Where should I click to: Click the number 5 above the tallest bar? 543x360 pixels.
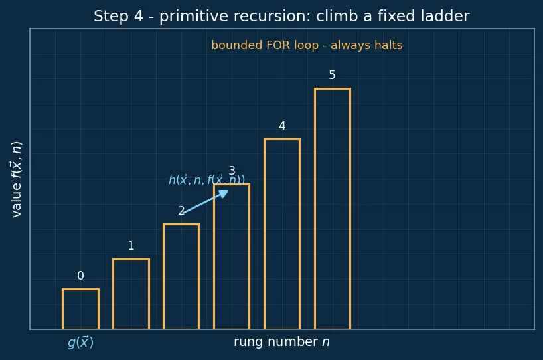tap(332, 75)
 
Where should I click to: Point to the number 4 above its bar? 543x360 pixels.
tap(282, 126)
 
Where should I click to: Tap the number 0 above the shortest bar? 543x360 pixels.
tap(81, 276)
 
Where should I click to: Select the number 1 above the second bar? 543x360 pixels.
tap(131, 246)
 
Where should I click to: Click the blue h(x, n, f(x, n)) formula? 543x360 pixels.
tap(206, 180)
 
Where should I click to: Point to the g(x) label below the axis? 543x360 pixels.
tap(81, 342)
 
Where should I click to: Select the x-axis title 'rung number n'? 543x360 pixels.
tap(282, 342)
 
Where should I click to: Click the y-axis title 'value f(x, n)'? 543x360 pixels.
tap(17, 179)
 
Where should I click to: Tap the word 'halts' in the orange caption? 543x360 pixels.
tap(388, 45)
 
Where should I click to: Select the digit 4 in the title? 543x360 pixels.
tap(139, 17)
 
